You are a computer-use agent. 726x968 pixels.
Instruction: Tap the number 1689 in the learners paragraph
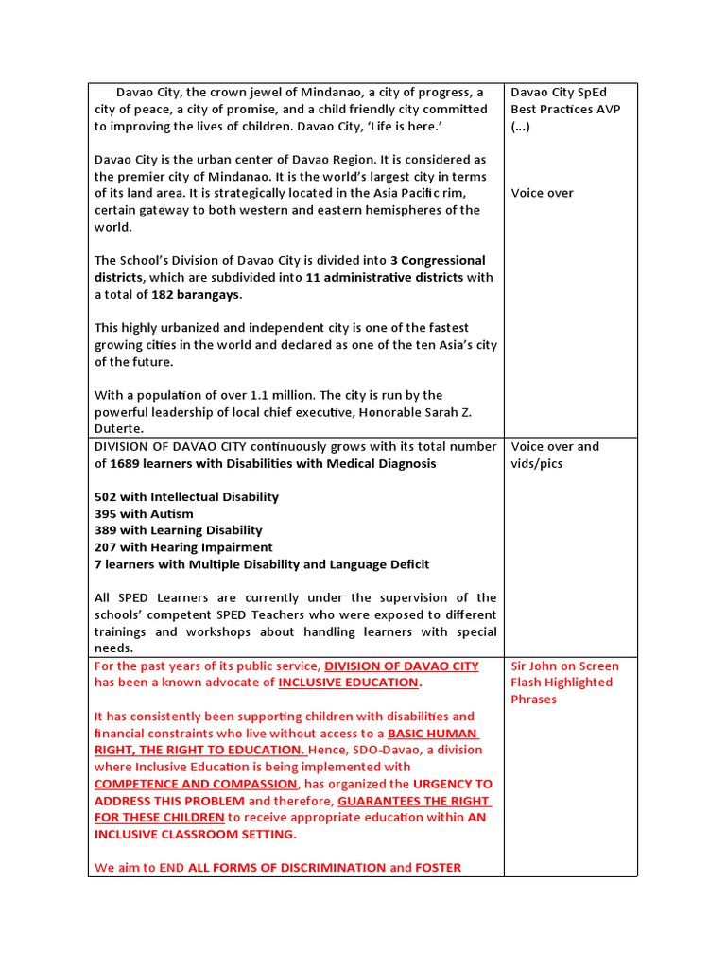tap(128, 463)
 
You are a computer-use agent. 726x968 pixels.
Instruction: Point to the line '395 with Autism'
tap(144, 513)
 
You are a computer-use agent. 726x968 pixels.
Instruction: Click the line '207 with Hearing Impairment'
tap(183, 547)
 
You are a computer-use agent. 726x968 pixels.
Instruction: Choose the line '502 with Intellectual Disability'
tap(186, 496)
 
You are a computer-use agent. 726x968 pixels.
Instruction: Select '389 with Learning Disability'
tap(179, 530)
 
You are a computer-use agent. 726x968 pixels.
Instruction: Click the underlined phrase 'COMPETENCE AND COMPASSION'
tap(195, 784)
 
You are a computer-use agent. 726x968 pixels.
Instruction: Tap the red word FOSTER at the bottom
tap(439, 867)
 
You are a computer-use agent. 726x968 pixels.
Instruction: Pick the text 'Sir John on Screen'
tap(564, 665)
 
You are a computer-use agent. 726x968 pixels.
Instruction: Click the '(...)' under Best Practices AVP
tap(521, 126)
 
